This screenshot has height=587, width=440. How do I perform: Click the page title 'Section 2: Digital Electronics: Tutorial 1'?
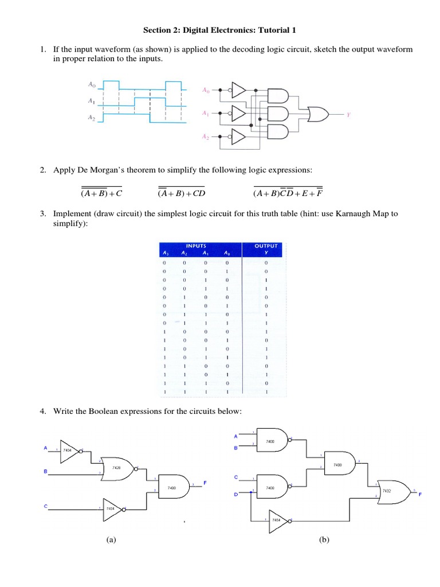[x=220, y=30]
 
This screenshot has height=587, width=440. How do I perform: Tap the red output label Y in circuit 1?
[x=348, y=115]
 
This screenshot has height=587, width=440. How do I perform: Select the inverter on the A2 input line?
[x=238, y=137]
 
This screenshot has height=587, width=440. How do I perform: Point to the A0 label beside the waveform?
[x=92, y=84]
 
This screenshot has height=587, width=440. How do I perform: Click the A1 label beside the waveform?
[x=92, y=101]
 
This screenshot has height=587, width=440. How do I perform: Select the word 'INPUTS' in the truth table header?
[x=197, y=246]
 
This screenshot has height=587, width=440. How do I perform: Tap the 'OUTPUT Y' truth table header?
[x=266, y=249]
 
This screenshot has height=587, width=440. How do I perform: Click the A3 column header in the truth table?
[x=164, y=253]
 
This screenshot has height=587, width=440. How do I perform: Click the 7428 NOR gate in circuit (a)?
[x=119, y=468]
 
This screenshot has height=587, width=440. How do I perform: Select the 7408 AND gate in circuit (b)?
[x=338, y=463]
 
